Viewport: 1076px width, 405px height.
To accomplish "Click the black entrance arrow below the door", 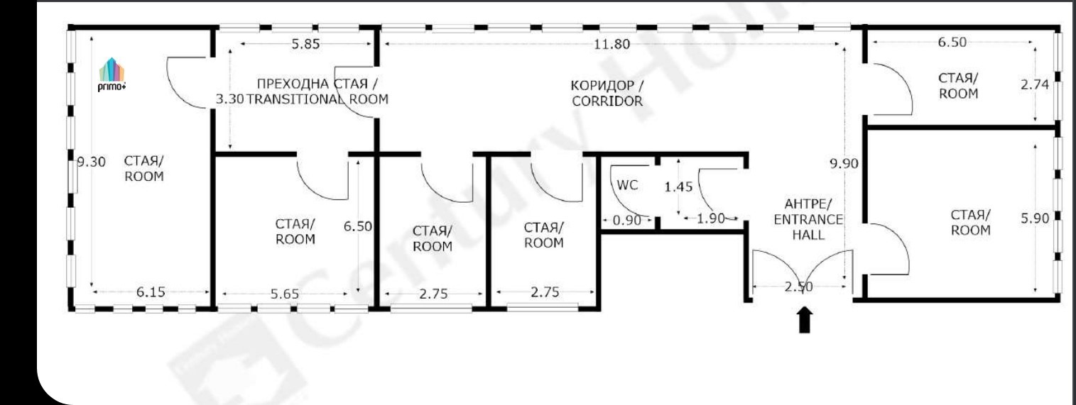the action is pos(805,320).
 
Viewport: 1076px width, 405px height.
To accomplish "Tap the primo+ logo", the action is pos(112,75).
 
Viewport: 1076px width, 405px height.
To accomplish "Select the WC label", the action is pos(627,185).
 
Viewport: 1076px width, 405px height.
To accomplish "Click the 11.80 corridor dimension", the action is pos(612,44).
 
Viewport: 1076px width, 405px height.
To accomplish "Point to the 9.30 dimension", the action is pos(92,162).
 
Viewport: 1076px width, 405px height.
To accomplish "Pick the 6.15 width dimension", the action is pos(151,292).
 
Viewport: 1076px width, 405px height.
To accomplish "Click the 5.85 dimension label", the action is pos(305,44).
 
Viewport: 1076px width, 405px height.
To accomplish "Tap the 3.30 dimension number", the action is pos(229,99).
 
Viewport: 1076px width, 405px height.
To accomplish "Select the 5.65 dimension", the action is pos(284,294).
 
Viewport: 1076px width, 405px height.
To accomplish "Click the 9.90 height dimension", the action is pos(844,164).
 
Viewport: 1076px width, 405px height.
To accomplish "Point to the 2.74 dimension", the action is pos(1035,84).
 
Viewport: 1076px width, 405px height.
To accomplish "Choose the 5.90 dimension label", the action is pos(1035,218).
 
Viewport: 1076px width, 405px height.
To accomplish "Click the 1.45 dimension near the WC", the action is pos(678,187).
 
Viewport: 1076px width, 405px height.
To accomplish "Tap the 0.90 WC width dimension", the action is pos(627,221).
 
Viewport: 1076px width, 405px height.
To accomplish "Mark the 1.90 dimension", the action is pos(710,219).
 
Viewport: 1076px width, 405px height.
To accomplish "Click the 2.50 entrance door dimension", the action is pos(799,287).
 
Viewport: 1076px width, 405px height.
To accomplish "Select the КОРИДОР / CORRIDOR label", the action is pos(607,93).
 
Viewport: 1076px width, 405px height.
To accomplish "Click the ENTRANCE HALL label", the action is pos(808,227).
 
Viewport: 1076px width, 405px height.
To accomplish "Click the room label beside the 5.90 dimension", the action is pos(971,222).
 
